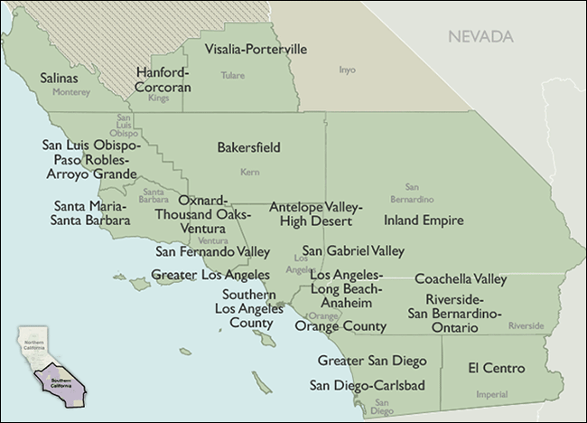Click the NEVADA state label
coord(478,37)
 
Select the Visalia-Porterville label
coord(256,48)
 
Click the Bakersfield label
coord(248,146)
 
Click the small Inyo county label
coord(347,69)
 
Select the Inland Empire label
coord(424,220)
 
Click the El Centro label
coord(497,369)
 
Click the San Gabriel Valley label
coord(353,250)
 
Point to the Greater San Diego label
coord(371,361)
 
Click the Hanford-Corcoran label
coord(163,80)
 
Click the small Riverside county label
coord(526,325)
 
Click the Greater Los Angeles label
coord(210,274)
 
